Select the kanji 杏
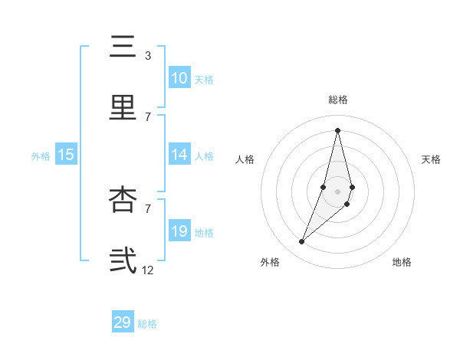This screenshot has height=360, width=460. point(123,199)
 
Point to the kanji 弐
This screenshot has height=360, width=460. point(123,260)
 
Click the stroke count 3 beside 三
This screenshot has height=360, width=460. point(148,56)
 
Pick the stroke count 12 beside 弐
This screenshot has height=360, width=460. point(148,270)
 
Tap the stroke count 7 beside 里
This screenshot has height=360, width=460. point(148,116)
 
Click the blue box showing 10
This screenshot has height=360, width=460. point(179,78)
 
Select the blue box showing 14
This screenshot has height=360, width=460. point(179,155)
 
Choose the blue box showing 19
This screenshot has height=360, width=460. point(179,231)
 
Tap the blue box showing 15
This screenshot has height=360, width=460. point(66,155)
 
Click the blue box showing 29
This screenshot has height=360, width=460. point(123,322)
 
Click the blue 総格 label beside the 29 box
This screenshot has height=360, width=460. point(147,324)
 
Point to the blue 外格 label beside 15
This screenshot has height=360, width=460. point(41,156)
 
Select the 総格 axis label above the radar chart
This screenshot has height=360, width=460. point(337,100)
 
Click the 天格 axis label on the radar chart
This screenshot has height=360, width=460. point(431,159)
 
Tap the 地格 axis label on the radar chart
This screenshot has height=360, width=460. point(402,262)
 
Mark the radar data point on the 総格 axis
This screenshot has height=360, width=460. point(337,129)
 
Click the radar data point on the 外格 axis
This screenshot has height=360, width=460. point(302,242)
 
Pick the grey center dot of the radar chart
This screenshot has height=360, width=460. point(337,191)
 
